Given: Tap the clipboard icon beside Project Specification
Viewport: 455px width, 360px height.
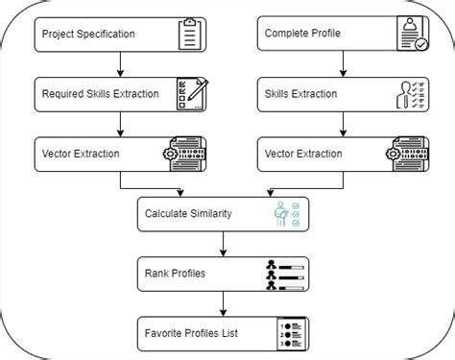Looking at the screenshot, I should coord(191,34).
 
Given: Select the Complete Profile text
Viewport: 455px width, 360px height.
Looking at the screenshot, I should coord(304,35).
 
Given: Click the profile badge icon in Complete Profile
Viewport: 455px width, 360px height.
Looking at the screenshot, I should coord(411,34).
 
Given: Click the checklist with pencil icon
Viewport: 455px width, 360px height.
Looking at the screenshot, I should coord(191,94).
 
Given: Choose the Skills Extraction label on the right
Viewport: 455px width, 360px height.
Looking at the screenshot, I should coord(300,94).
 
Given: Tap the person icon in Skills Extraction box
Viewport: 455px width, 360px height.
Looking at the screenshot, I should coord(411,94).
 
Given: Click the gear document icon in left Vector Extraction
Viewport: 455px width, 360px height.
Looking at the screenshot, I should coord(189,154).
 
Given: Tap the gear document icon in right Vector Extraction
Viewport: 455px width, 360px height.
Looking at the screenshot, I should coord(410,154).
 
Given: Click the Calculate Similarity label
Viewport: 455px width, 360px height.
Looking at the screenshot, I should coord(188,213).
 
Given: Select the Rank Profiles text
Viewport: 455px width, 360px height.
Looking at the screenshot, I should coord(176,274).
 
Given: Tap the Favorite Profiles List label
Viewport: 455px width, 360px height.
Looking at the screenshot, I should coord(190,333).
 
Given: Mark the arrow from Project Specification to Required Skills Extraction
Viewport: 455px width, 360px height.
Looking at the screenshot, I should coord(118,64).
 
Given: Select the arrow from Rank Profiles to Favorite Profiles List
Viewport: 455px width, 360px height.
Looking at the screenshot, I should coord(223,303).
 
